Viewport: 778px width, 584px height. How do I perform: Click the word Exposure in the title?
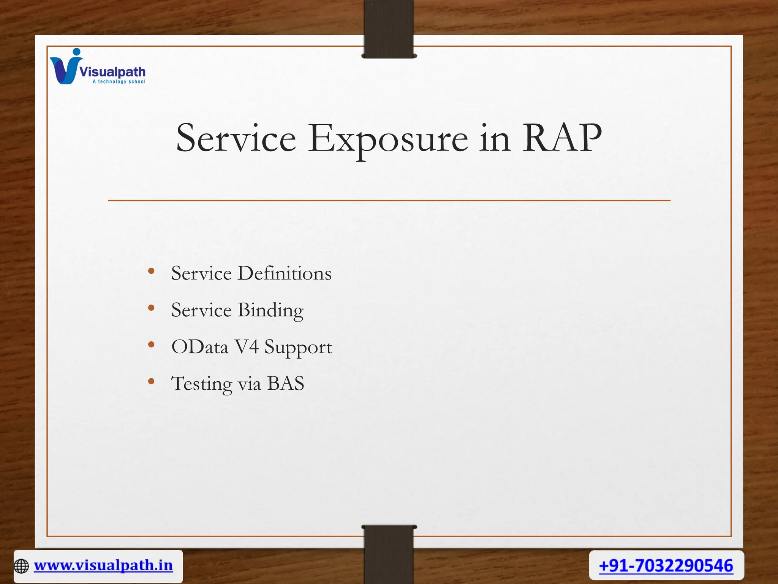pos(387,139)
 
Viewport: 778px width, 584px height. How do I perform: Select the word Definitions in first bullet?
pos(284,273)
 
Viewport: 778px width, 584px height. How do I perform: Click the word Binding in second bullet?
pos(270,310)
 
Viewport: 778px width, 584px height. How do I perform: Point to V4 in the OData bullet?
pos(247,347)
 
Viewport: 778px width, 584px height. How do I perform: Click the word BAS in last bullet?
pos(286,383)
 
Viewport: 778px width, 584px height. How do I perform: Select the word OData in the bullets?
pos(200,347)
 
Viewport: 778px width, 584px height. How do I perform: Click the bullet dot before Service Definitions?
pos(151,271)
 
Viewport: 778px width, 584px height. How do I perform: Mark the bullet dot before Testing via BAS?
pos(151,381)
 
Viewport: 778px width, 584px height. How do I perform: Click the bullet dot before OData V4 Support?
pos(151,344)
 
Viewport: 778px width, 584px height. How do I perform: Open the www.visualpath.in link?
pos(103,565)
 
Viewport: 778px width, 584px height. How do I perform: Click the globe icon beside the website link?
pos(21,566)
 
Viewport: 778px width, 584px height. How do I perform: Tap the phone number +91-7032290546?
pos(666,565)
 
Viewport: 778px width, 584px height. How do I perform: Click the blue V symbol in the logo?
pos(65,68)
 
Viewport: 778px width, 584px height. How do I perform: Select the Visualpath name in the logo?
pos(112,71)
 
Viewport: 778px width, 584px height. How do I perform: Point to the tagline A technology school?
pos(119,82)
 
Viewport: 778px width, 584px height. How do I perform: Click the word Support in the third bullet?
pos(298,348)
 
